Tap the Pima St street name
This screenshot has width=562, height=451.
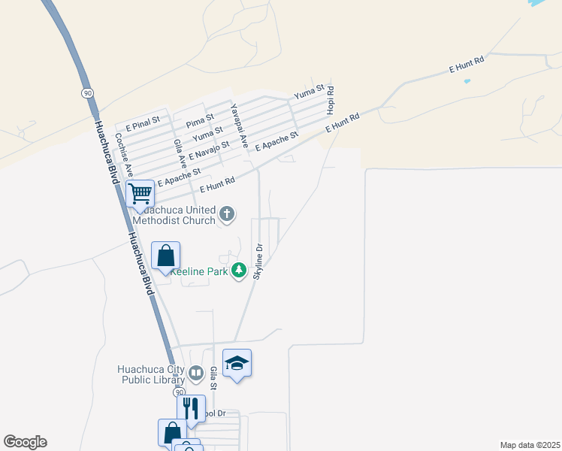[201, 119]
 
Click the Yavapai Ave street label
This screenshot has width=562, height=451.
[239, 125]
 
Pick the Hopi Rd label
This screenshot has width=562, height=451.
[330, 100]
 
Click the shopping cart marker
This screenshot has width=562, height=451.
[140, 193]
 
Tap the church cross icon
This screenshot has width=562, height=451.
[227, 216]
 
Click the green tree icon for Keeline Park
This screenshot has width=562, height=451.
[239, 271]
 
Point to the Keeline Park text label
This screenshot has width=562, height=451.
[199, 271]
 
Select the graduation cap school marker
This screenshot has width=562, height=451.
[237, 363]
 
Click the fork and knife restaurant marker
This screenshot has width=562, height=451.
[191, 408]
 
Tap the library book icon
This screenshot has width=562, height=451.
[195, 373]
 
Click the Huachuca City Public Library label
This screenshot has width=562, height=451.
[150, 374]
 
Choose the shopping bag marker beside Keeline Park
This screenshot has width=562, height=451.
[165, 256]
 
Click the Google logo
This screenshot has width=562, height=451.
[25, 442]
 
